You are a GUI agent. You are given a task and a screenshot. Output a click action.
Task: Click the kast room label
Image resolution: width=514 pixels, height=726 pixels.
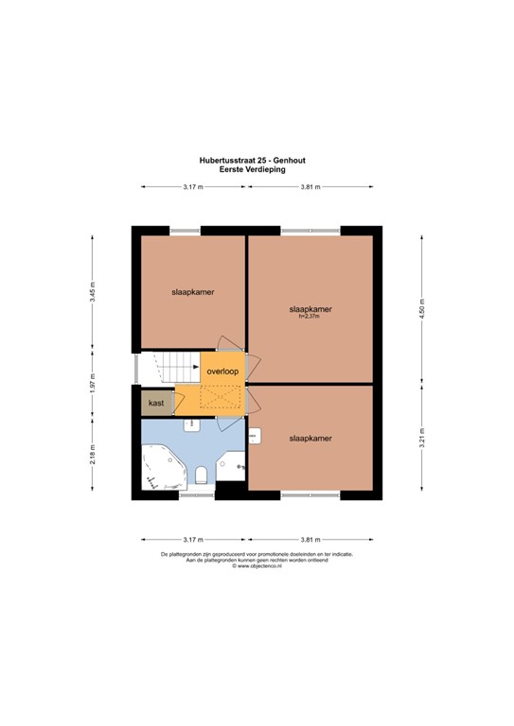157,403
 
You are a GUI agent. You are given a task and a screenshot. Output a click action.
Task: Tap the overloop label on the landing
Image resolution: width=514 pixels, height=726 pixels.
222,372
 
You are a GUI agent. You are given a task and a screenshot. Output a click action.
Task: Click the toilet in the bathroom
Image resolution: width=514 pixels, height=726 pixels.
202,475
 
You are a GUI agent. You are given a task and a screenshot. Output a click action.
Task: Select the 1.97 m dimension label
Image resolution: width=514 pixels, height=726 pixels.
93,387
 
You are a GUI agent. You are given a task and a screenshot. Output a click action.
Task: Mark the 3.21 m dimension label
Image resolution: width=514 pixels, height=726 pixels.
423,440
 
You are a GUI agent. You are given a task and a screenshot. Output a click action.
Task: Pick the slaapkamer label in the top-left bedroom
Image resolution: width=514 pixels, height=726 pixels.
192,292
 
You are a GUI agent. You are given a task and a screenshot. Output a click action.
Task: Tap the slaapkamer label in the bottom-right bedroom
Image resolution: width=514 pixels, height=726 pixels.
310,439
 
